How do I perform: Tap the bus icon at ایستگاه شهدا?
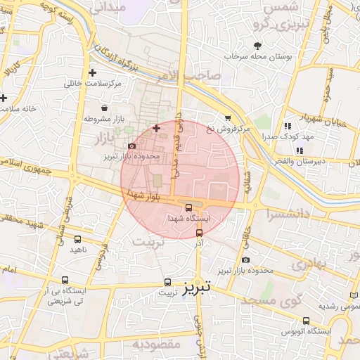point(188,207)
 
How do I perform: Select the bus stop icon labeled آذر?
point(199,233)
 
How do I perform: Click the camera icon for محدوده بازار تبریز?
point(131,146)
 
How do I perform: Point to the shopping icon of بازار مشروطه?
point(105,108)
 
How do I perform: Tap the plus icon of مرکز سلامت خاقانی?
point(92,72)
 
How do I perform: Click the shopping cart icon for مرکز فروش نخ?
point(227,118)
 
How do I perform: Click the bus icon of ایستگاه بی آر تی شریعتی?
point(65,280)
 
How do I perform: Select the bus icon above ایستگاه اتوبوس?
point(306,321)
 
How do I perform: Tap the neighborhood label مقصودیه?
point(157,344)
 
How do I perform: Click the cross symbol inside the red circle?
point(156,128)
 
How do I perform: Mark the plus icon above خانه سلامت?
point(4,98)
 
